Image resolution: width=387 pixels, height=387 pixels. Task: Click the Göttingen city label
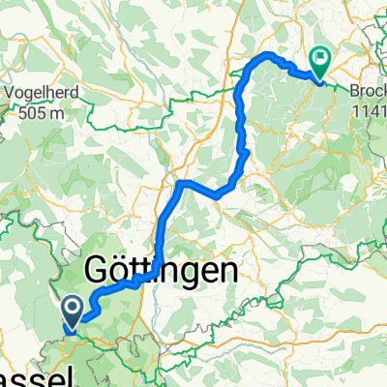click(x=162, y=271)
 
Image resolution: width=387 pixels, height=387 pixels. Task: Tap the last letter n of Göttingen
click(x=224, y=271)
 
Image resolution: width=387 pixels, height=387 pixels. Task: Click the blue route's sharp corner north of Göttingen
click(x=180, y=182)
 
